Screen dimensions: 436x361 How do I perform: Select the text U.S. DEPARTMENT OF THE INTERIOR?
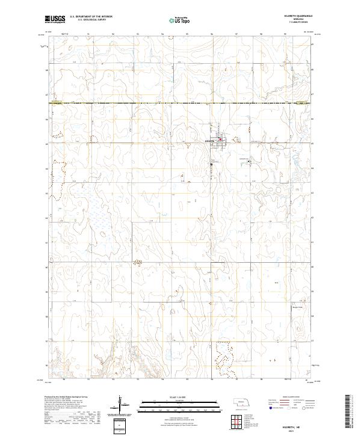[x=91, y=17]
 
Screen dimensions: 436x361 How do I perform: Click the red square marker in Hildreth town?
[x=220, y=140]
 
